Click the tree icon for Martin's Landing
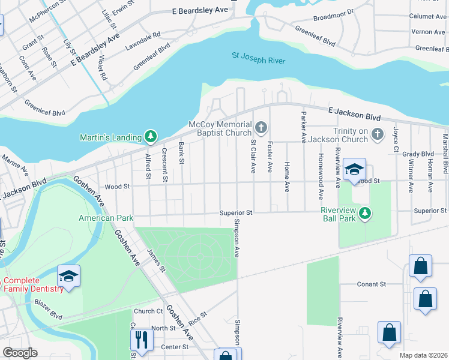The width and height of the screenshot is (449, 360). click(x=151, y=137)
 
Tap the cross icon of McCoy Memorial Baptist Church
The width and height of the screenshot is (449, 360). click(x=261, y=127)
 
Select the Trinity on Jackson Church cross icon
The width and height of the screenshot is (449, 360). click(x=377, y=134)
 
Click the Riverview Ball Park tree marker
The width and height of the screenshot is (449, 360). click(x=364, y=213)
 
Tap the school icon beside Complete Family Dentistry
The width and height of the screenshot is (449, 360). click(x=68, y=276)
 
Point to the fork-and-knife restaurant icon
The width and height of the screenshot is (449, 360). click(x=142, y=340)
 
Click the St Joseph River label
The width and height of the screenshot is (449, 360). click(x=258, y=59)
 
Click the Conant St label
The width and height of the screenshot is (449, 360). click(x=371, y=284)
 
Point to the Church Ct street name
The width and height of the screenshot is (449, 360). click(x=148, y=311)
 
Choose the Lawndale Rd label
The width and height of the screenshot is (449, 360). click(x=143, y=41)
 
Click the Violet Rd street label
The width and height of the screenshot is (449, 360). click(x=102, y=67)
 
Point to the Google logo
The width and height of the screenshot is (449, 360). click(x=20, y=353)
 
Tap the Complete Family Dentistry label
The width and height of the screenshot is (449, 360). click(x=34, y=284)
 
